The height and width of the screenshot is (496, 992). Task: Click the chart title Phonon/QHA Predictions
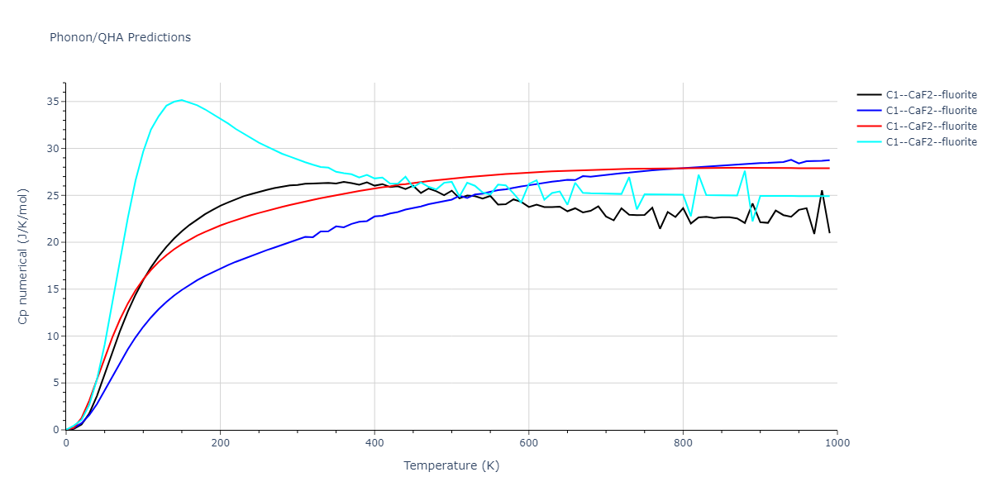[120, 37]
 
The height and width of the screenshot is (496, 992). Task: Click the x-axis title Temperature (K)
[451, 465]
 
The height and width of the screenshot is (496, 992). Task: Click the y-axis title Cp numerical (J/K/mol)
[23, 255]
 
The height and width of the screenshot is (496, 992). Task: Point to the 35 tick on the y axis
[51, 102]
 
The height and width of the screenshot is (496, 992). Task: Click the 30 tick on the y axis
[51, 149]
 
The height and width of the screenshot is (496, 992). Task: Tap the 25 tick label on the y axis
[51, 196]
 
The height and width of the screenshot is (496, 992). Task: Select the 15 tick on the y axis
[51, 289]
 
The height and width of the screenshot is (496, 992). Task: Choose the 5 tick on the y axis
[55, 383]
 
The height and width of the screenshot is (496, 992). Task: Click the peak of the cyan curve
[182, 100]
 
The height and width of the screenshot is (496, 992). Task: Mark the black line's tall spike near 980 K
[822, 191]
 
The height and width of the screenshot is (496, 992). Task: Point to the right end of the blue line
[829, 160]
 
